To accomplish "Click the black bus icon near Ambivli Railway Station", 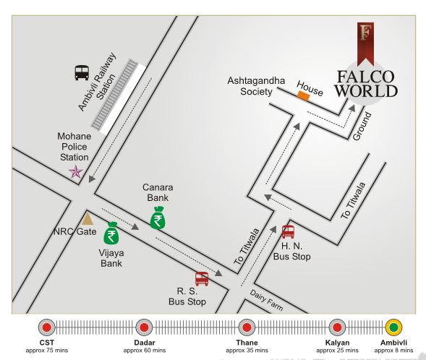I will (82, 72).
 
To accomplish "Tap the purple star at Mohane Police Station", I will (75, 171).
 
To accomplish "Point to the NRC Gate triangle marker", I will (88, 217).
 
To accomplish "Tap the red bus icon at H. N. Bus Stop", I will (288, 231).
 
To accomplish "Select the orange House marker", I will (304, 95).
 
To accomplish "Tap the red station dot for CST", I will (47, 326).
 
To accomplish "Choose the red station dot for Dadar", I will (144, 326).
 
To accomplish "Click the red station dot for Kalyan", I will (337, 326).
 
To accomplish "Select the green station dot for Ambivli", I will (393, 326).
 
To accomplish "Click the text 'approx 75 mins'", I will (47, 351).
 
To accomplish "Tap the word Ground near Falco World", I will (361, 126).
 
